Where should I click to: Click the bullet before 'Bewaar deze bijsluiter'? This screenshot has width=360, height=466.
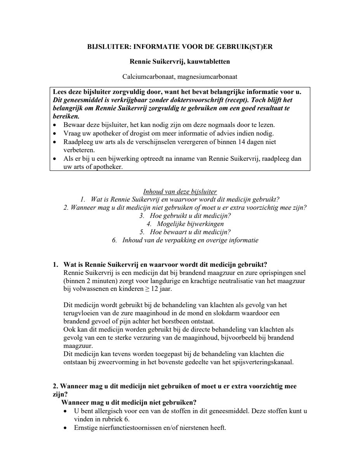[56, 125]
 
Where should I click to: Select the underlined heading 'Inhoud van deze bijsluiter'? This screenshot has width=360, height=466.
[180, 191]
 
